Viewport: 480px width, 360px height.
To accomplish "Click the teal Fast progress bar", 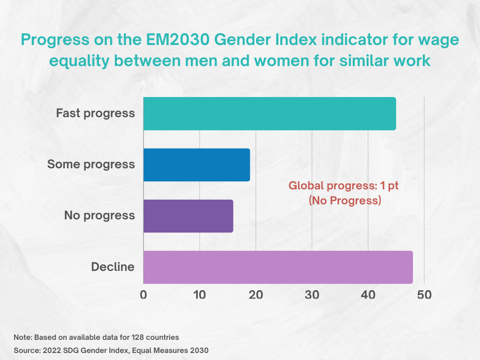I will click(270, 113).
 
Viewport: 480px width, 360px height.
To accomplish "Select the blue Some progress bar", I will click(196, 165).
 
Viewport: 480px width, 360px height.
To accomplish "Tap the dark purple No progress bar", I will click(188, 216).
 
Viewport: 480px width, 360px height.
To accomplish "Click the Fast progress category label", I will click(95, 113).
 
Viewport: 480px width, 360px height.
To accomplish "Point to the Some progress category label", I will click(91, 165).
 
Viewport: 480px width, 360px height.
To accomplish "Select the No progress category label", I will click(99, 216).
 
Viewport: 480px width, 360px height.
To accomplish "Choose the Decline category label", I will click(112, 267).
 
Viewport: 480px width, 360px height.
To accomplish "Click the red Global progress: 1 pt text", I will click(344, 186).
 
